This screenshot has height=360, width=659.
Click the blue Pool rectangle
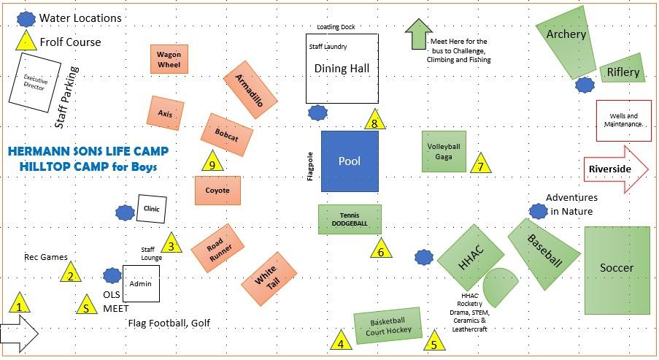350,161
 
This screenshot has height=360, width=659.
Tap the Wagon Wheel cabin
171,59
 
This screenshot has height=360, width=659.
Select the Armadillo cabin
250,96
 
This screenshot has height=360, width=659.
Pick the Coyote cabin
217,191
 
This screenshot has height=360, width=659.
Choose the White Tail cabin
269,277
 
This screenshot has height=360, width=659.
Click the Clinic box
153,209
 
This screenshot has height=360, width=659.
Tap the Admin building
140,283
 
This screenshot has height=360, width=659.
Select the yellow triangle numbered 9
212,162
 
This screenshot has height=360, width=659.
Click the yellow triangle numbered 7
479,164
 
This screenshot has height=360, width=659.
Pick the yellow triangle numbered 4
340,342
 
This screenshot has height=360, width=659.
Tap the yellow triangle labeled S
87,306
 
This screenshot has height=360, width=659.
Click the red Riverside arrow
615,169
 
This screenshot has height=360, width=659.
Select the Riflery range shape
623,69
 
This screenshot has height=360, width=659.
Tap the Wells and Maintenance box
623,120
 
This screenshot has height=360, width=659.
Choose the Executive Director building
34,86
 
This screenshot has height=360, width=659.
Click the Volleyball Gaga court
444,151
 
